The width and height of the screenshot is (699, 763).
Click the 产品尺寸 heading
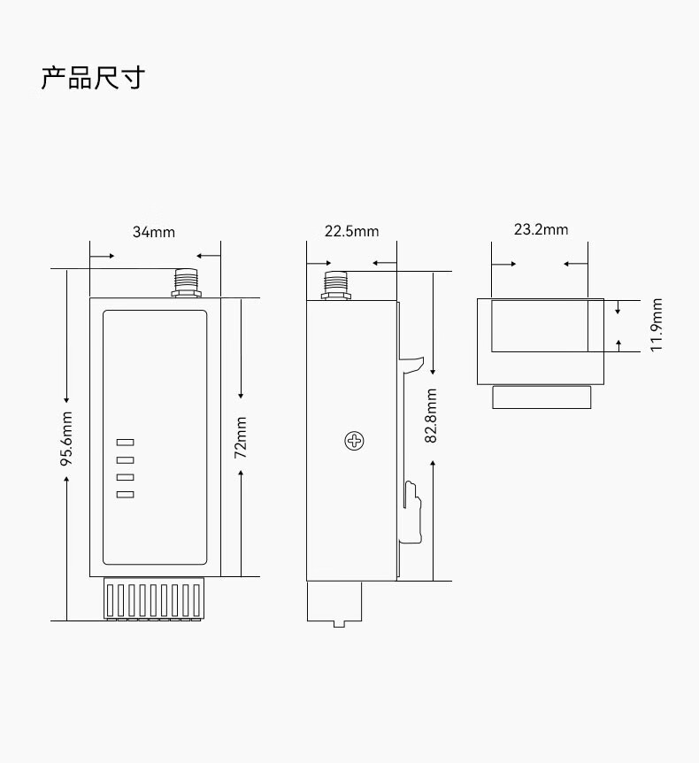click(92, 78)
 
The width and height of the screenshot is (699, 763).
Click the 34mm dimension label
click(154, 233)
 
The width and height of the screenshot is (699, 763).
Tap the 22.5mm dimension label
click(351, 232)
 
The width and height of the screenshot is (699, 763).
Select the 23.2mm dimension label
click(541, 230)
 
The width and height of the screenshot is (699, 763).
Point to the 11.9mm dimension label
click(657, 325)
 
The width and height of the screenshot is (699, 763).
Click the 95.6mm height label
click(66, 438)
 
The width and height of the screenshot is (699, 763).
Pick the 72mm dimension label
click(241, 436)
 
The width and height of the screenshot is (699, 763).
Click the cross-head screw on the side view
click(355, 440)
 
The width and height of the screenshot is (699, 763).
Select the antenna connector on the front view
click(186, 283)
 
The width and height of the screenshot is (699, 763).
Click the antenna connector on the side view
click(335, 285)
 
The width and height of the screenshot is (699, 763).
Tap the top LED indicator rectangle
click(125, 443)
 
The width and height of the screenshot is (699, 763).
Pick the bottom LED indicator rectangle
click(125, 494)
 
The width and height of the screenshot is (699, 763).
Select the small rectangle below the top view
click(542, 397)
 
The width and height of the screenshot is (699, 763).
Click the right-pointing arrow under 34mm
click(103, 256)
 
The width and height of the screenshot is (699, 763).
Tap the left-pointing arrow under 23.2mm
click(575, 264)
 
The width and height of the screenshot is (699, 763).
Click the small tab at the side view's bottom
click(339, 623)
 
